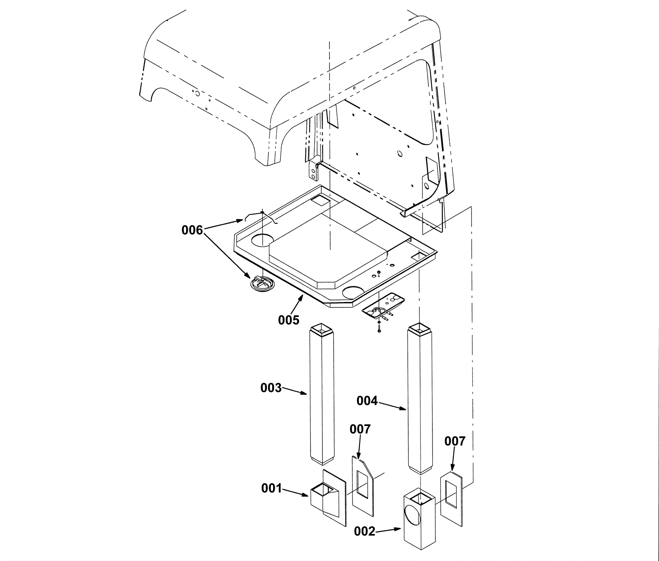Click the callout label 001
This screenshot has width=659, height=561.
271,489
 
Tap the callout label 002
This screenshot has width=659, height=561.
365,532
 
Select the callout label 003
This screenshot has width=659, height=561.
271,388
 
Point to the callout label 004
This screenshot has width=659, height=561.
367,400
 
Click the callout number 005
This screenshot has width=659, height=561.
289,320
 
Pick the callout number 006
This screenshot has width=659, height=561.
192,230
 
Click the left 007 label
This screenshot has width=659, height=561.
360,429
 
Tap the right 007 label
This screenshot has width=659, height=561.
455,441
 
